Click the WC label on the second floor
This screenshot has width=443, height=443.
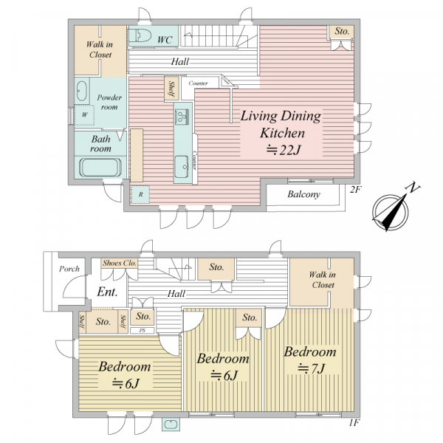tap(165, 40)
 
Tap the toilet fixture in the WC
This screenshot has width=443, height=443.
tap(140, 35)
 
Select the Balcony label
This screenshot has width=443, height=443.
tap(303, 194)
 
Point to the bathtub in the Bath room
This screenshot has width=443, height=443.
tap(100, 168)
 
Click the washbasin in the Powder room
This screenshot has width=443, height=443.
tap(81, 91)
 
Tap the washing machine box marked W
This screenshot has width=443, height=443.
tap(84, 115)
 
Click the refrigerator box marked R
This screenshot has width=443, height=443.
tap(140, 194)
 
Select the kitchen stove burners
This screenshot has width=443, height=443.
tap(181, 117)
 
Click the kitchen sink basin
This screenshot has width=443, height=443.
tap(181, 167)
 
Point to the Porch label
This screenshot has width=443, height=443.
tap(69, 269)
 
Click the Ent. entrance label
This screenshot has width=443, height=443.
tap(107, 292)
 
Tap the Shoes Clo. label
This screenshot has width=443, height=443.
tap(120, 263)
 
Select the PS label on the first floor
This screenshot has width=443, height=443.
tap(142, 330)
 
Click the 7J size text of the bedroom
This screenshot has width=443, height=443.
tap(312, 368)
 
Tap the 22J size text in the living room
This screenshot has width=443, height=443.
tap(283, 150)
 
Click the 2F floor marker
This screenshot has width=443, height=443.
tap(355, 190)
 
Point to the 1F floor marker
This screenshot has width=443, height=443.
tap(354, 423)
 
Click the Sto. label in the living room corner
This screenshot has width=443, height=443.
tap(342, 31)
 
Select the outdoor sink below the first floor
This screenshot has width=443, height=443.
tap(171, 425)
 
